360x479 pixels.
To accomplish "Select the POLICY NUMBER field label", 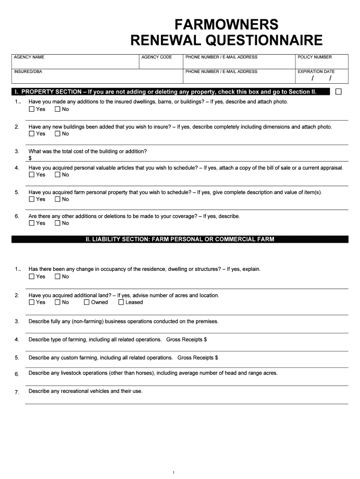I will click(x=315, y=57).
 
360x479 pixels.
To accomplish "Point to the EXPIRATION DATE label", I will click(x=316, y=72).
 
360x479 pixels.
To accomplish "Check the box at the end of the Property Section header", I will click(x=338, y=91).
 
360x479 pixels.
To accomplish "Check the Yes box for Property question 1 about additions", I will click(x=32, y=109).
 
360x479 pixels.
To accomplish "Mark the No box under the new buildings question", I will click(x=58, y=134).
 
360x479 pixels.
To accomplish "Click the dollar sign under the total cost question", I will click(x=30, y=158).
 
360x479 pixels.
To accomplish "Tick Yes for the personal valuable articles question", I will click(x=32, y=174).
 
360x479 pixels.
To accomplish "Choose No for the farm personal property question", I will click(x=58, y=199).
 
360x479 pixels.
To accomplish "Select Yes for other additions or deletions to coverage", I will click(x=32, y=223).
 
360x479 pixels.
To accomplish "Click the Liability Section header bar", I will click(x=180, y=239).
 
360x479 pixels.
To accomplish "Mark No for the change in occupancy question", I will click(x=58, y=276).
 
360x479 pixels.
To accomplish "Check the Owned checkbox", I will click(x=86, y=302).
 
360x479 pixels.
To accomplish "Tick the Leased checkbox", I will click(x=121, y=302).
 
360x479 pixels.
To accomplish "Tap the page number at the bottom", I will click(x=173, y=473).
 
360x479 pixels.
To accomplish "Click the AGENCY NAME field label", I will click(x=29, y=57).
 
